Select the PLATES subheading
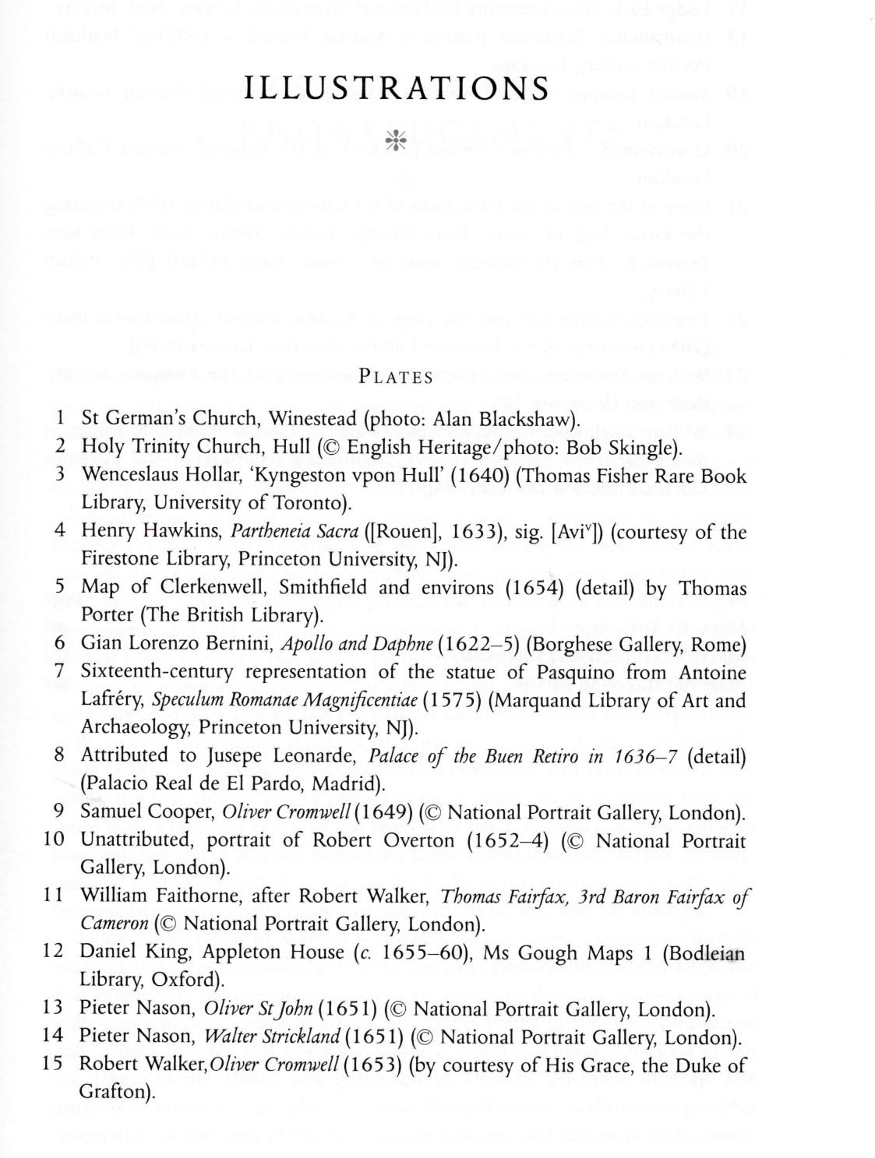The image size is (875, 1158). (397, 378)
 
